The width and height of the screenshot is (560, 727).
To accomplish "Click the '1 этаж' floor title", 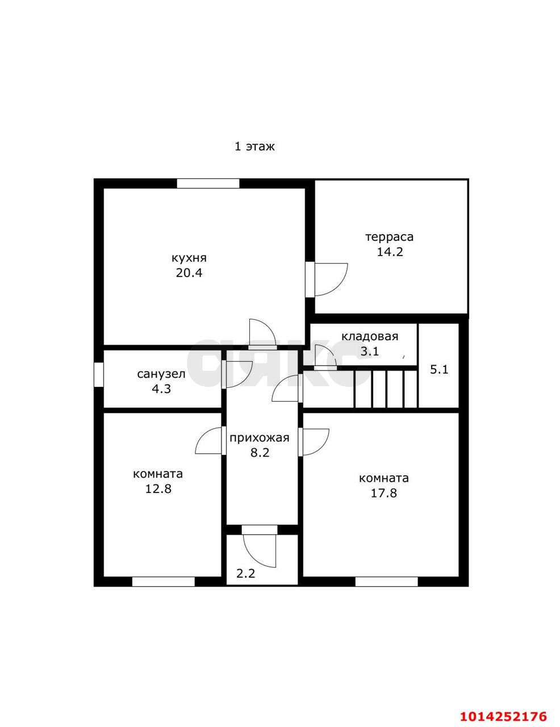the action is (254, 147).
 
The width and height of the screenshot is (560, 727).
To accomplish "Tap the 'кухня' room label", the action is (189, 258).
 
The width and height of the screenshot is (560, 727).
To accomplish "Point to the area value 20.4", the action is (189, 273).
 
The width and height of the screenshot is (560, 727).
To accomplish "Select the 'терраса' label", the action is (390, 237).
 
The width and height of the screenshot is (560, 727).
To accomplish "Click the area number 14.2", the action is (390, 252).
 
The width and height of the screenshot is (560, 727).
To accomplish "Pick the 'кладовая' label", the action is (370, 336).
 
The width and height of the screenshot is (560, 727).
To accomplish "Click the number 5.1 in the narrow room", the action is (439, 370).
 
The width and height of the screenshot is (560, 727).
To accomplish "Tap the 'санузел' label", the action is (161, 374).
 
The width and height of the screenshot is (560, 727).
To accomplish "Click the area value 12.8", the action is (158, 489).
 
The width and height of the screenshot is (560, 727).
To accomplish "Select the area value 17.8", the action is (384, 493).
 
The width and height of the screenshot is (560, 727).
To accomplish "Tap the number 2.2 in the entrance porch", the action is (246, 574).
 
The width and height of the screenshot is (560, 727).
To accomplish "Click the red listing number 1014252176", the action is (503, 713).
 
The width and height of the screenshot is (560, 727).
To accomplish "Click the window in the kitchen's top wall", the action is (208, 183).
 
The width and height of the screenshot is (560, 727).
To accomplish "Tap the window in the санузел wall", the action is (99, 375).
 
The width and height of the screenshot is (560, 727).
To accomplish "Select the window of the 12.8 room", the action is (163, 582).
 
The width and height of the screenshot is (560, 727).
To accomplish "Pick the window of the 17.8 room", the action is (386, 582).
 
